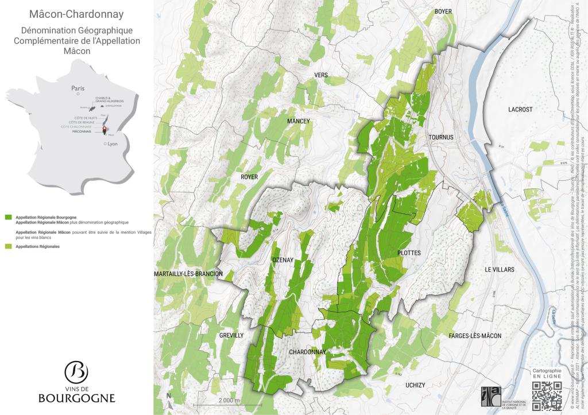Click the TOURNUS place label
[440, 137]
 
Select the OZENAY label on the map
[283, 260]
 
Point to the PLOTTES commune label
[409, 253]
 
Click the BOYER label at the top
[443, 11]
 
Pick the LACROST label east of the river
[520, 109]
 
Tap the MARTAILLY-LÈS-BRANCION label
[188, 274]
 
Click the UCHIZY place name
[415, 385]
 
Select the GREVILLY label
[232, 335]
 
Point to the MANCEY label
[298, 121]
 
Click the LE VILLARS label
[500, 269]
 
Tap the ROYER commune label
[249, 177]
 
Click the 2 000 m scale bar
[228, 399]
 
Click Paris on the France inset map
[78, 88]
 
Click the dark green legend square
[8, 218]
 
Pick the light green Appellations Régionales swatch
[8, 246]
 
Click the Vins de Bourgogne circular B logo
[76, 373]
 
